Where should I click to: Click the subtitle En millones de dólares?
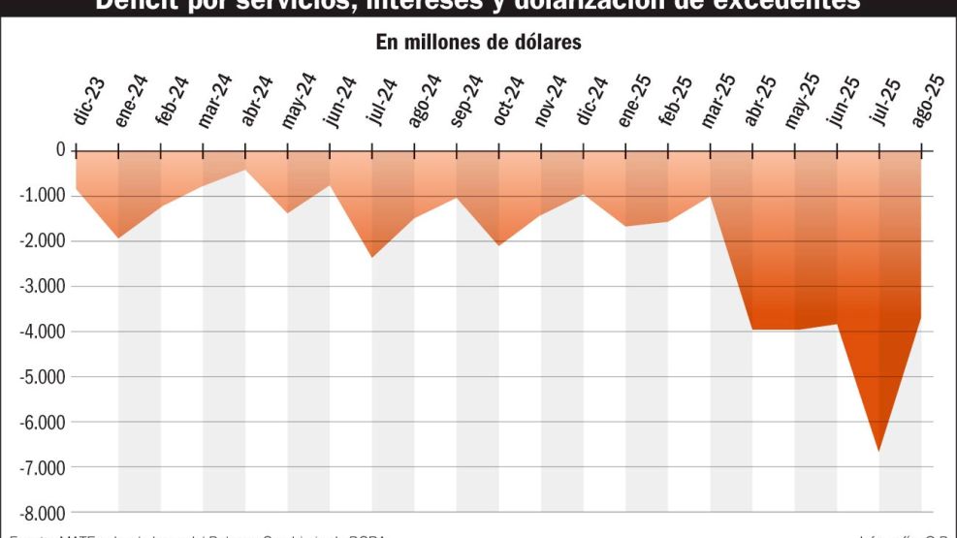point(478,44)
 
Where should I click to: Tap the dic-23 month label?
point(89,103)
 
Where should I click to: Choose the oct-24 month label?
point(511,101)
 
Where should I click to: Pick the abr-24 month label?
point(258,101)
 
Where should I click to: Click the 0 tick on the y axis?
point(60,150)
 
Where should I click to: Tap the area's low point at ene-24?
point(117,237)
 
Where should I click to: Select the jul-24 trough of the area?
point(372,257)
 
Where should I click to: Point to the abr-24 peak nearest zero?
point(244,171)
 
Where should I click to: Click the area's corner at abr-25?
point(752,330)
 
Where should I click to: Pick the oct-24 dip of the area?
point(499,245)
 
